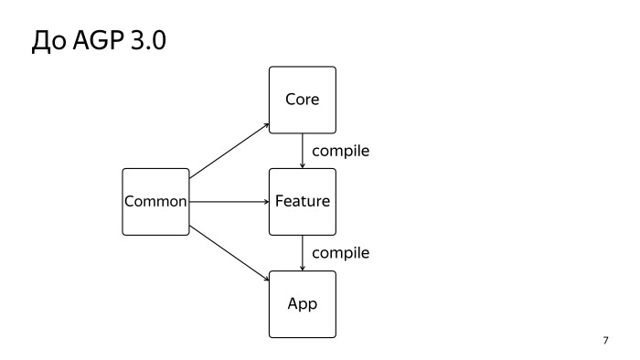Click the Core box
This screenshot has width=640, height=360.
pyautogui.click(x=302, y=100)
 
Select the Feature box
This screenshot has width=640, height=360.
pyautogui.click(x=302, y=201)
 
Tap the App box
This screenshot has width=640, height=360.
pyautogui.click(x=302, y=303)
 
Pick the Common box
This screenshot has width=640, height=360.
pyautogui.click(x=155, y=201)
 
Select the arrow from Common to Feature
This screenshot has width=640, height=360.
pyautogui.click(x=229, y=201)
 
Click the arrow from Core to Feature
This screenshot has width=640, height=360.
pyautogui.click(x=302, y=150)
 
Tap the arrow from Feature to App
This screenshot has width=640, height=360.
pyautogui.click(x=302, y=252)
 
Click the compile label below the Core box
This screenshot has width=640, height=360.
pyautogui.click(x=340, y=151)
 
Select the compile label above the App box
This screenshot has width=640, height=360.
pyautogui.click(x=340, y=252)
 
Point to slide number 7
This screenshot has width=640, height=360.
pyautogui.click(x=605, y=341)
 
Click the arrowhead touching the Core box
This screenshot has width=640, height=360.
pyautogui.click(x=264, y=126)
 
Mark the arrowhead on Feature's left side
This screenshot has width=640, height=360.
pyautogui.click(x=264, y=201)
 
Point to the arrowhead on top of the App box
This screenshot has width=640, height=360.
pyautogui.click(x=302, y=267)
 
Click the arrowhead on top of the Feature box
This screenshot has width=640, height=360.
pyautogui.click(x=302, y=164)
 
